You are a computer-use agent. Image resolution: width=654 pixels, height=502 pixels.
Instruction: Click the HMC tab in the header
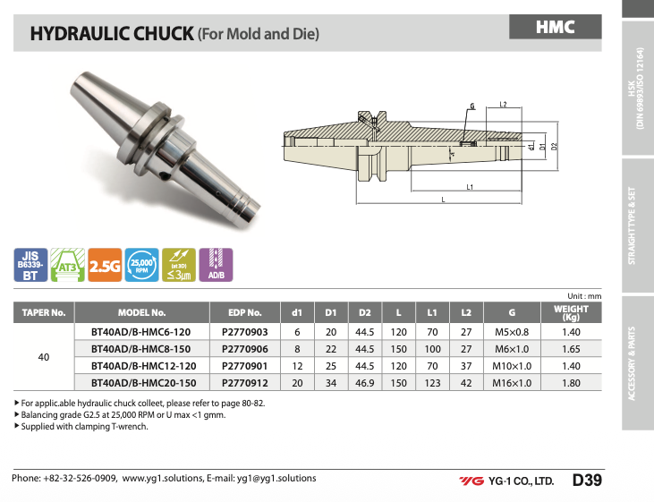[x=556, y=27]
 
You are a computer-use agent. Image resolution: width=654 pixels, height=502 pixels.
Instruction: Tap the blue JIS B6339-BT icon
[x=30, y=265]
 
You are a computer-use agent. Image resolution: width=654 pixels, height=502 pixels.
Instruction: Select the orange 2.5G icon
[x=105, y=265]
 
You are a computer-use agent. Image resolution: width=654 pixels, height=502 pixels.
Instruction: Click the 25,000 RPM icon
[x=142, y=265]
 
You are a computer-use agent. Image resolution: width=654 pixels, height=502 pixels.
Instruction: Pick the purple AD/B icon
[x=216, y=265]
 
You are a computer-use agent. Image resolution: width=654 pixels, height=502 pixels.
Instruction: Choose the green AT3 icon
[x=68, y=265]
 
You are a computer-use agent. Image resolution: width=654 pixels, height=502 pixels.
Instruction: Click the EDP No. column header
[x=245, y=312]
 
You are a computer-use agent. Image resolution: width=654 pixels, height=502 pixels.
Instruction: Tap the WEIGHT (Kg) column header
[x=571, y=312]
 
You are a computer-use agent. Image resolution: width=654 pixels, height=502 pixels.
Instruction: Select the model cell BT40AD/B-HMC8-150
[x=141, y=349]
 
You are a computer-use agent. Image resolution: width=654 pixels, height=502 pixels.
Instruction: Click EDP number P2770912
[x=245, y=383]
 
